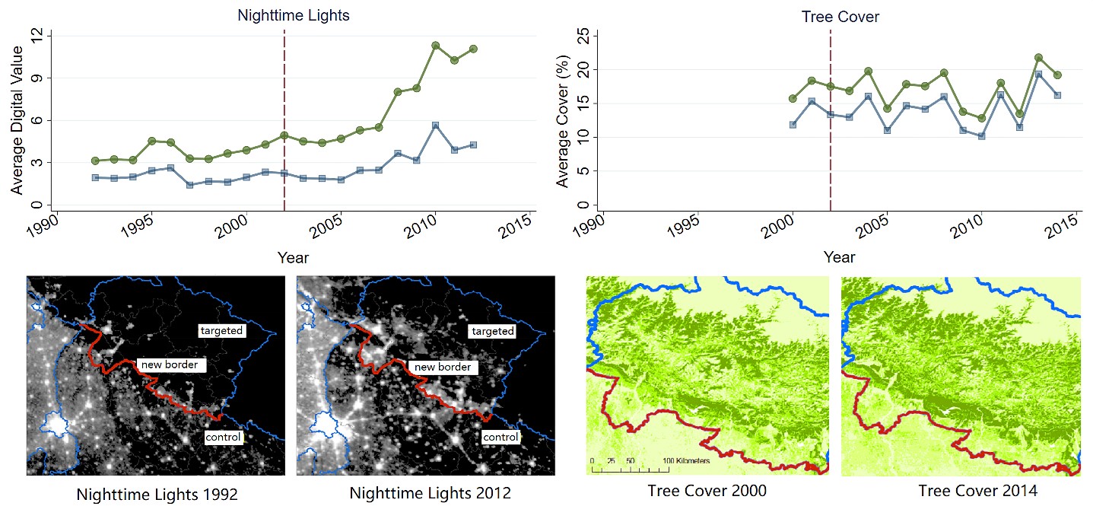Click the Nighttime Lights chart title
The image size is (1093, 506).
pyautogui.click(x=294, y=15)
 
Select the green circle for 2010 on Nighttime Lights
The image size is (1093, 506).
pyautogui.click(x=436, y=46)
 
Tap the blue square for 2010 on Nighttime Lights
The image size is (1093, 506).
pyautogui.click(x=436, y=126)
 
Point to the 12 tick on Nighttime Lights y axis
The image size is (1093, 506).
pyautogui.click(x=36, y=36)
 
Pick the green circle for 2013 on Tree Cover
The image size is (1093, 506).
pyautogui.click(x=1038, y=58)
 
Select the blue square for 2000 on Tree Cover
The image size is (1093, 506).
pyautogui.click(x=793, y=124)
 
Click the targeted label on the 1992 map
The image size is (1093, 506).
pyautogui.click(x=221, y=330)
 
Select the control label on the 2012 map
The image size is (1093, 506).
pyautogui.click(x=500, y=437)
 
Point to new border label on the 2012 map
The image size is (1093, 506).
pyautogui.click(x=442, y=367)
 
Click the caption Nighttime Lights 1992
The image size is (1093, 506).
pyautogui.click(x=157, y=494)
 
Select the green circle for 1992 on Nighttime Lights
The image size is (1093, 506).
pyautogui.click(x=95, y=161)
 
